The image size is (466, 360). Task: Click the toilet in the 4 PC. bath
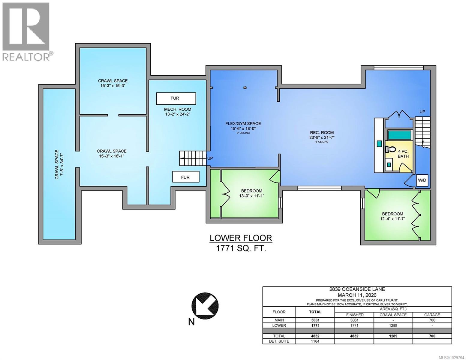pyautogui.click(x=391, y=149)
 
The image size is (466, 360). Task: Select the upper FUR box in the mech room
pyautogui.click(x=176, y=98)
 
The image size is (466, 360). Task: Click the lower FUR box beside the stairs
pyautogui.click(x=185, y=177)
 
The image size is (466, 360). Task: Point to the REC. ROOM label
pyautogui.click(x=322, y=133)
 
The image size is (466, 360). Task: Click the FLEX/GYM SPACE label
pyautogui.click(x=243, y=123)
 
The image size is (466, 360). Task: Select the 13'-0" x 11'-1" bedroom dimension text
pyautogui.click(x=251, y=196)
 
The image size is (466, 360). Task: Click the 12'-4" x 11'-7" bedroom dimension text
pyautogui.click(x=392, y=219)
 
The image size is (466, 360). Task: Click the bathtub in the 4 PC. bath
pyautogui.click(x=399, y=135)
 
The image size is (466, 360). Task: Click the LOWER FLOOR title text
pyautogui.click(x=241, y=238)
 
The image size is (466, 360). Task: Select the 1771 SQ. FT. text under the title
pyautogui.click(x=241, y=248)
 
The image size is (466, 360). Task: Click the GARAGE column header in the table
pyautogui.click(x=432, y=315)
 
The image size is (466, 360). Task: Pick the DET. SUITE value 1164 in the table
pyautogui.click(x=315, y=341)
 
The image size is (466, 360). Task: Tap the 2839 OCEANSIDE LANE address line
pyautogui.click(x=357, y=289)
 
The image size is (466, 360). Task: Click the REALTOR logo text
pyautogui.click(x=26, y=57)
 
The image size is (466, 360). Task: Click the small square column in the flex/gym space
pyautogui.click(x=245, y=88)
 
